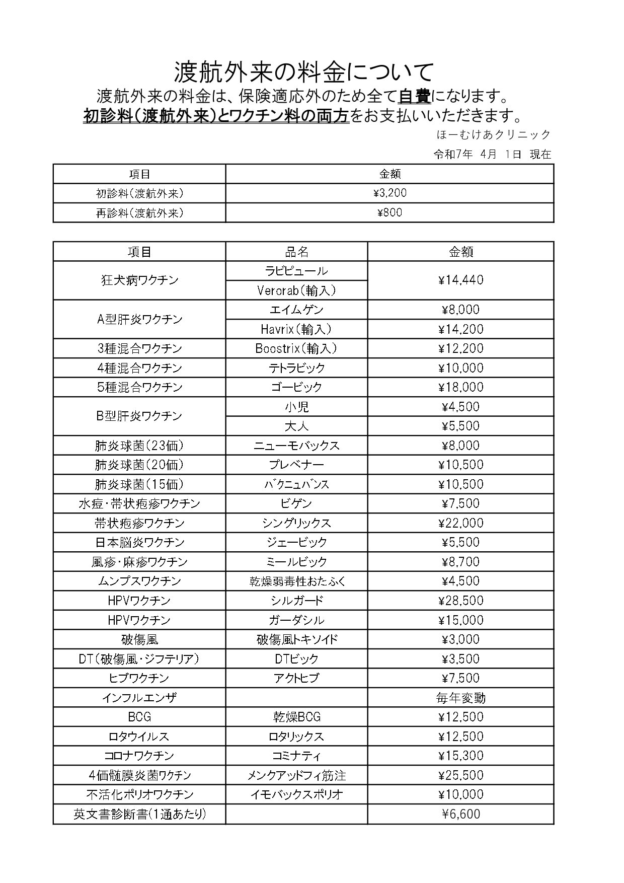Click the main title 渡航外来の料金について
(x=303, y=72)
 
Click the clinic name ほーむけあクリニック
(x=494, y=135)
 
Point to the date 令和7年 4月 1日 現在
(x=492, y=155)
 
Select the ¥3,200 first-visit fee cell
(x=390, y=193)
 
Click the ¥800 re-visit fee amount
(x=390, y=212)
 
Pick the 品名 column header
(x=296, y=252)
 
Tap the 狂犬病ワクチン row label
(x=139, y=280)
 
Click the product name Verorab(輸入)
(x=296, y=290)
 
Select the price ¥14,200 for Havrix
(x=460, y=329)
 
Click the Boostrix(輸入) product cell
(x=296, y=348)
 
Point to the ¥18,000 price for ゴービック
(x=460, y=387)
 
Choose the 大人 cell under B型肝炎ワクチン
(x=296, y=426)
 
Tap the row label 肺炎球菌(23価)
(x=139, y=446)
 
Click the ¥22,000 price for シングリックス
(x=460, y=523)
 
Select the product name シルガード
(x=296, y=601)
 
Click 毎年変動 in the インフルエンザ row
(x=460, y=698)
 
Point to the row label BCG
(x=139, y=717)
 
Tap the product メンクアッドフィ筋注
(x=296, y=775)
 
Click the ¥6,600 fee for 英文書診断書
(x=460, y=814)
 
